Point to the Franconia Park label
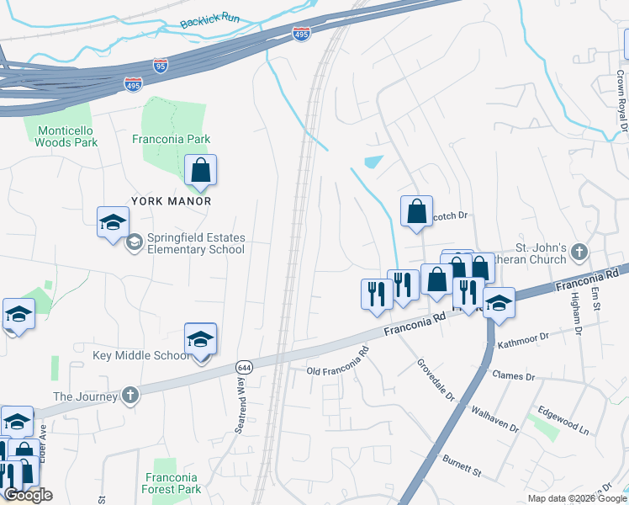[x=172, y=139]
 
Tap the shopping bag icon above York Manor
[x=201, y=171]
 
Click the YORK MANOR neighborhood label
[x=171, y=201]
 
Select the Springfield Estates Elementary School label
[x=195, y=243]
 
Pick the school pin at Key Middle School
[x=200, y=341]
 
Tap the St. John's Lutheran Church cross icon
[x=579, y=252]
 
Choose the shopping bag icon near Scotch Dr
[x=416, y=212]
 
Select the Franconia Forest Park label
[x=172, y=482]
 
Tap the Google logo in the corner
[x=28, y=495]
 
